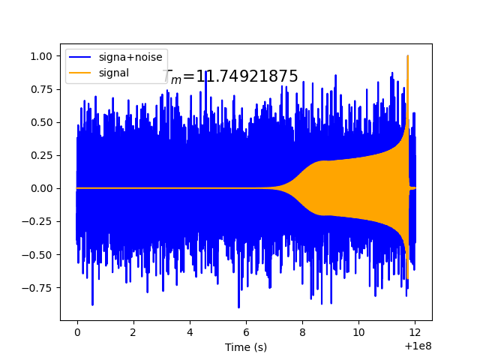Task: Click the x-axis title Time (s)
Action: point(246,347)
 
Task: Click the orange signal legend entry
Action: point(112,73)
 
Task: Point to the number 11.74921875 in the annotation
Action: point(247,76)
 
